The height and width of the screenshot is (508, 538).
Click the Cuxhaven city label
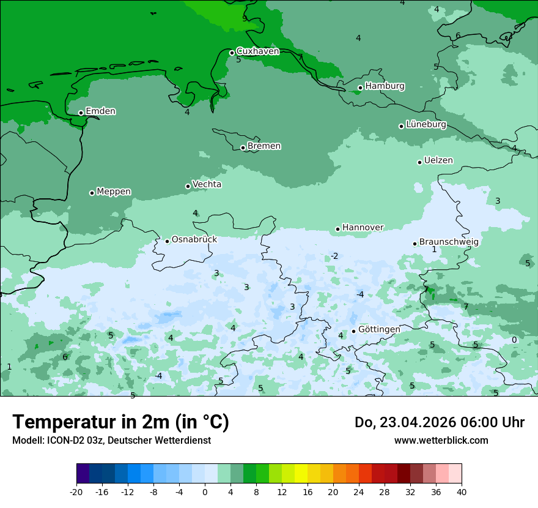[257, 51]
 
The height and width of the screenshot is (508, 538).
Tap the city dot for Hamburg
[360, 88]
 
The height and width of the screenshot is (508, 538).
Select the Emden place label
[100, 111]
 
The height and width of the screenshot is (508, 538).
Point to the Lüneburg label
[426, 124]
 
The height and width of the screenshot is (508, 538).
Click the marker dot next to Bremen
[243, 148]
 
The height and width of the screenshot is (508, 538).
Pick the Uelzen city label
[438, 160]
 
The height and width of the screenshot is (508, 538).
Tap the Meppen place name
[114, 192]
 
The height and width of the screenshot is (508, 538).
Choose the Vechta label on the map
[207, 184]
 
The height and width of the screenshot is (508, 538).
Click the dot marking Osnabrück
[167, 241]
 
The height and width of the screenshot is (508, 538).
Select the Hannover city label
[363, 228]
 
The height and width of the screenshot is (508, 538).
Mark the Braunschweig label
[449, 242]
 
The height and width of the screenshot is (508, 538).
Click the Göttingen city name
[379, 329]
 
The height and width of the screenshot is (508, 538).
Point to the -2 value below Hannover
[334, 256]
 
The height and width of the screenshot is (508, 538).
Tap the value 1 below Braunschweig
[434, 250]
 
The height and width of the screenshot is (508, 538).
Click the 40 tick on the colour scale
[462, 491]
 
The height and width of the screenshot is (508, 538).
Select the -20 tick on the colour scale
[76, 491]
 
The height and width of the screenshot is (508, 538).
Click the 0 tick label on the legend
[205, 491]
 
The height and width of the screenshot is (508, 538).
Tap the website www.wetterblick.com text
[441, 440]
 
